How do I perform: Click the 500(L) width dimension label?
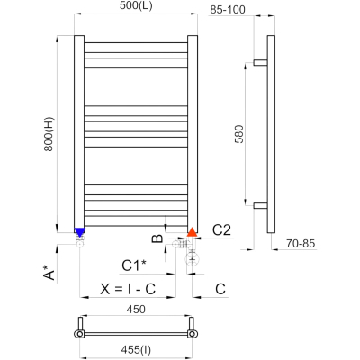pyautogui.click(x=136, y=6)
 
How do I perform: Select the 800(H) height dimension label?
pyautogui.click(x=49, y=134)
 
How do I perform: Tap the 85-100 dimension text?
pyautogui.click(x=228, y=10)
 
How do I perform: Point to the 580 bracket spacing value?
pyautogui.click(x=239, y=134)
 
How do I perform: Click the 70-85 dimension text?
pyautogui.click(x=301, y=244)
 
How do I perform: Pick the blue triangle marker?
pyautogui.click(x=79, y=232)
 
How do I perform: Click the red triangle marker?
pyautogui.click(x=192, y=232)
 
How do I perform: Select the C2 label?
pyautogui.click(x=221, y=230)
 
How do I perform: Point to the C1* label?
pyautogui.click(x=134, y=265)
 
